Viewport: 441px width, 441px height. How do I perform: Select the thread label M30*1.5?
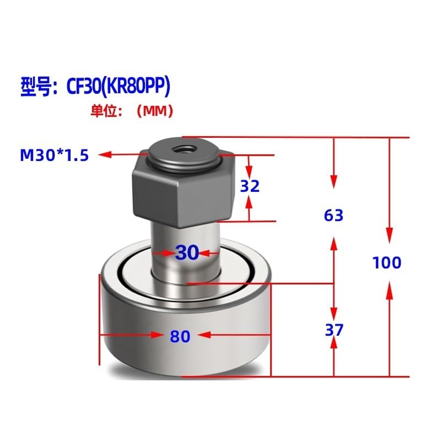coord(55,155)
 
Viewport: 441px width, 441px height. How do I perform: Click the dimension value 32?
coord(250,186)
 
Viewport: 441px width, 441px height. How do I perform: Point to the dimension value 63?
coord(334,215)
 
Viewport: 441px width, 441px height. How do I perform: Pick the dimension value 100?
coord(386,263)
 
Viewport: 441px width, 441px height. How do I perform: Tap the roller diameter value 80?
coord(180,336)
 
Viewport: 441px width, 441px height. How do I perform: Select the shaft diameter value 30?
coord(187,253)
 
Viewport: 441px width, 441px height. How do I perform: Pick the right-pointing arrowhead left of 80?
coord(157,335)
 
